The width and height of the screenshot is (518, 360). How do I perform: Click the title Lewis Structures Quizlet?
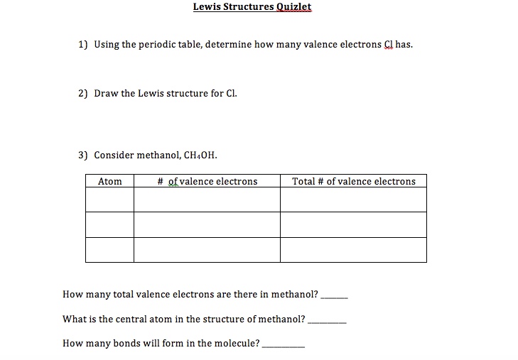pyautogui.click(x=252, y=7)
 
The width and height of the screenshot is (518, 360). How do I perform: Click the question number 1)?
pyautogui.click(x=83, y=45)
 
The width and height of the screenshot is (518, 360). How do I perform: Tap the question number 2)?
pyautogui.click(x=83, y=94)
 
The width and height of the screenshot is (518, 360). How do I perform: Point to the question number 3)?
pyautogui.click(x=83, y=155)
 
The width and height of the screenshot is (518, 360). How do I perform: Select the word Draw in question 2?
pyautogui.click(x=106, y=94)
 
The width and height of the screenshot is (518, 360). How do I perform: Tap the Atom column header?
pyautogui.click(x=109, y=182)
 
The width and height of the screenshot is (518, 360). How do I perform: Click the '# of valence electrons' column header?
pyautogui.click(x=207, y=182)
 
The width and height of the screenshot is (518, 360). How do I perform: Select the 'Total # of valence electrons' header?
pyautogui.click(x=353, y=182)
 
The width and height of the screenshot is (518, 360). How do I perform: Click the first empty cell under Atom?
pyautogui.click(x=109, y=200)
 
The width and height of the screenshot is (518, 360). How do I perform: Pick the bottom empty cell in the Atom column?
pyautogui.click(x=109, y=249)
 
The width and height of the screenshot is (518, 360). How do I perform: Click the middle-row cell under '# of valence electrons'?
pyautogui.click(x=207, y=224)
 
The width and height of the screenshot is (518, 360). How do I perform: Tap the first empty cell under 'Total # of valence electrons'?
pyautogui.click(x=353, y=200)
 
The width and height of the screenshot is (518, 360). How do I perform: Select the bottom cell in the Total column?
pyautogui.click(x=353, y=249)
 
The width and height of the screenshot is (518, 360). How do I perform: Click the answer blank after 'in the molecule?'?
pyautogui.click(x=284, y=345)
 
